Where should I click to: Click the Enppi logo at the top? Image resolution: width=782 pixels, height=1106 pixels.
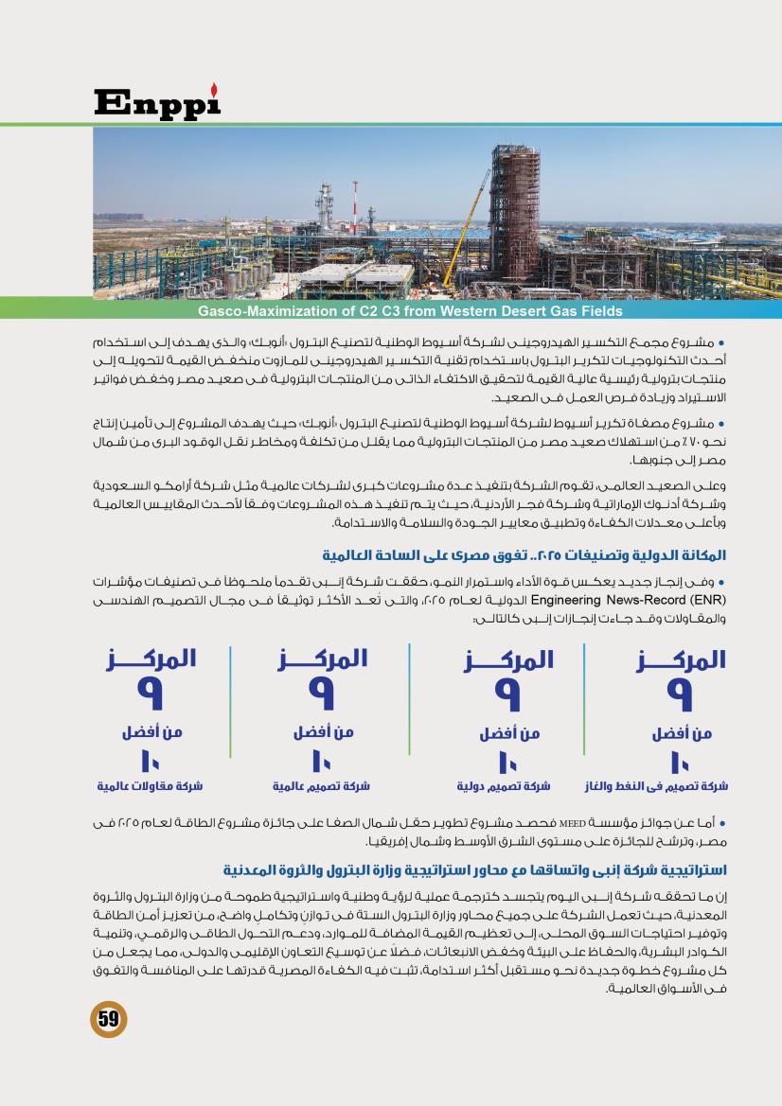click(x=156, y=101)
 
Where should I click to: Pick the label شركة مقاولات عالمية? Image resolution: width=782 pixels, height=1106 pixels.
click(x=150, y=785)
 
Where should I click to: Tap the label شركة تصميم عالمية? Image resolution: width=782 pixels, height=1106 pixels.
click(x=321, y=785)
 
